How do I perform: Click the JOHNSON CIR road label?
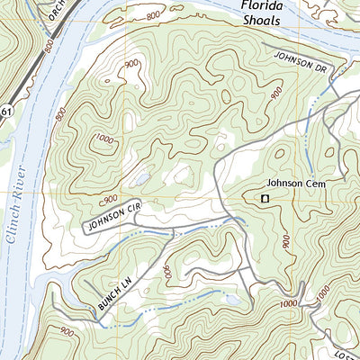point(115,215)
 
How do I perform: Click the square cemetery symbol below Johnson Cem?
point(265,198)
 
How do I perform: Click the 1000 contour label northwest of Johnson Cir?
point(105,139)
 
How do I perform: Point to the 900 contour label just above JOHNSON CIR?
point(111,198)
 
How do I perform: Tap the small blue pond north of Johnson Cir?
point(140,180)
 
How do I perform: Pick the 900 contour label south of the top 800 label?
point(133,63)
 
